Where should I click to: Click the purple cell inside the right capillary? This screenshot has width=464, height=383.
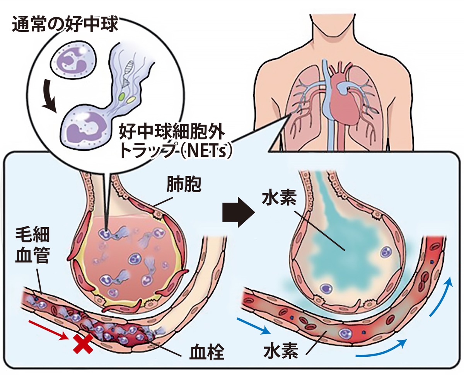(344, 333)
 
